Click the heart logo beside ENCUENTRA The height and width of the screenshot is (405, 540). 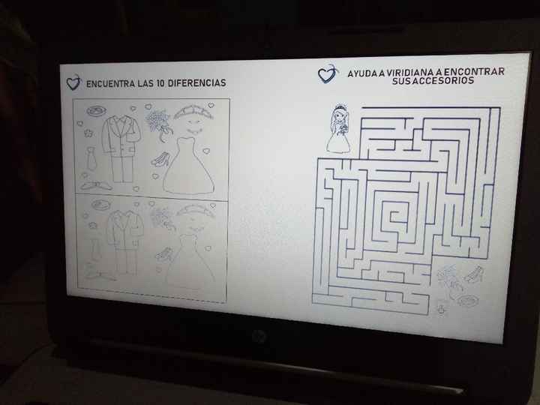(x=73, y=83)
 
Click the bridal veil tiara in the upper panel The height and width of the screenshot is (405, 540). (x=193, y=114)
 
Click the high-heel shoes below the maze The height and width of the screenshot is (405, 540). (x=473, y=275)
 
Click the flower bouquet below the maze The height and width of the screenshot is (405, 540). (x=448, y=279)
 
